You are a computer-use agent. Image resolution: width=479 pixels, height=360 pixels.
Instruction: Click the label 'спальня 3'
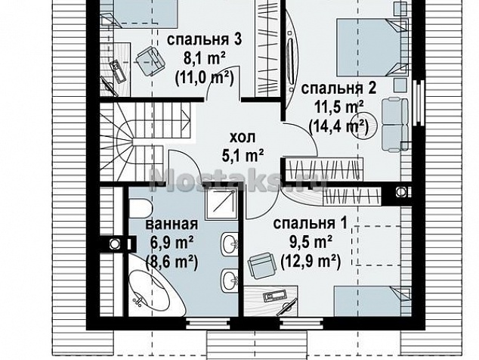coord(205,40)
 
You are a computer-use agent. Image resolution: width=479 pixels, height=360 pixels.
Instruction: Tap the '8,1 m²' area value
coord(205,59)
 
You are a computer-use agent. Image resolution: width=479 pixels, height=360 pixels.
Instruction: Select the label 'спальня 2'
coord(338,88)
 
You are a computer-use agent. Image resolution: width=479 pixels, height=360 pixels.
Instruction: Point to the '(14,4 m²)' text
coord(338,126)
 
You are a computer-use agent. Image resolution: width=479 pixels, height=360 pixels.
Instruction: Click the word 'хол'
coord(243,138)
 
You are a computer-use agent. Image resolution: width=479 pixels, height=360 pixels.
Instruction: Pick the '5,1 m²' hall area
coord(243,156)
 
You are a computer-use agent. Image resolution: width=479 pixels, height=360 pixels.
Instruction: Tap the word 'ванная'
coord(172,224)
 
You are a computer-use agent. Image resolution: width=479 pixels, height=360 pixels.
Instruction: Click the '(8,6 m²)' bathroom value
coord(172,262)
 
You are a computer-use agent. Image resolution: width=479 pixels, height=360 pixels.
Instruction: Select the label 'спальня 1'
coord(311,224)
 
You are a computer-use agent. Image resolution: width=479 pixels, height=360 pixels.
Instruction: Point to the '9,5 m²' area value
coord(311,243)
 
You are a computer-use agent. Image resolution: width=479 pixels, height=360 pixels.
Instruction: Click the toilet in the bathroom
coord(141,209)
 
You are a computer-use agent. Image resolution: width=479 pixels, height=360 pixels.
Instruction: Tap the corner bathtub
coord(155,287)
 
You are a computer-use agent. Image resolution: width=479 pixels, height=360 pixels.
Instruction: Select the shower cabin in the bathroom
coord(221,203)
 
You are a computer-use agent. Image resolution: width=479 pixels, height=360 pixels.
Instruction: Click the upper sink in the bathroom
coord(230,243)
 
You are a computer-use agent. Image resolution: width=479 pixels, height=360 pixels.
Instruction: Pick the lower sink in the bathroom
coord(230,279)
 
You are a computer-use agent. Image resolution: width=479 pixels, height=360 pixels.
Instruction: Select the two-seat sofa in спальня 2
coord(394,125)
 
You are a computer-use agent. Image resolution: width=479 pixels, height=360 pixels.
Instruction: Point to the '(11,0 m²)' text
coord(205,77)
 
